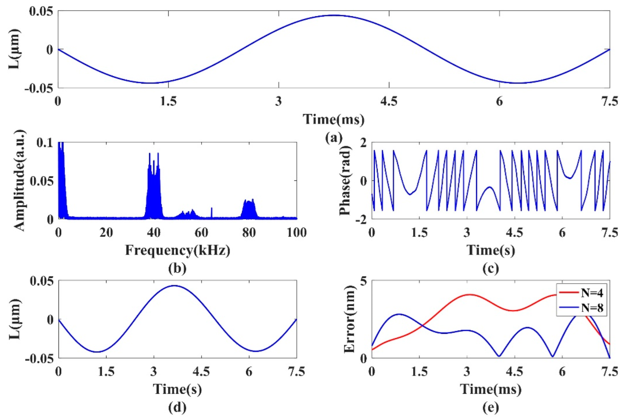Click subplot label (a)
333,137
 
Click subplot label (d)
177,407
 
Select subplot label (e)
491,407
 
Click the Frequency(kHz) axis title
177,250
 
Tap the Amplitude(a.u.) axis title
19,181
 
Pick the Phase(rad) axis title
345,181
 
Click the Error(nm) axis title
349,319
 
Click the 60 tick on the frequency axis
201,232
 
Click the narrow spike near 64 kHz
212,212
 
